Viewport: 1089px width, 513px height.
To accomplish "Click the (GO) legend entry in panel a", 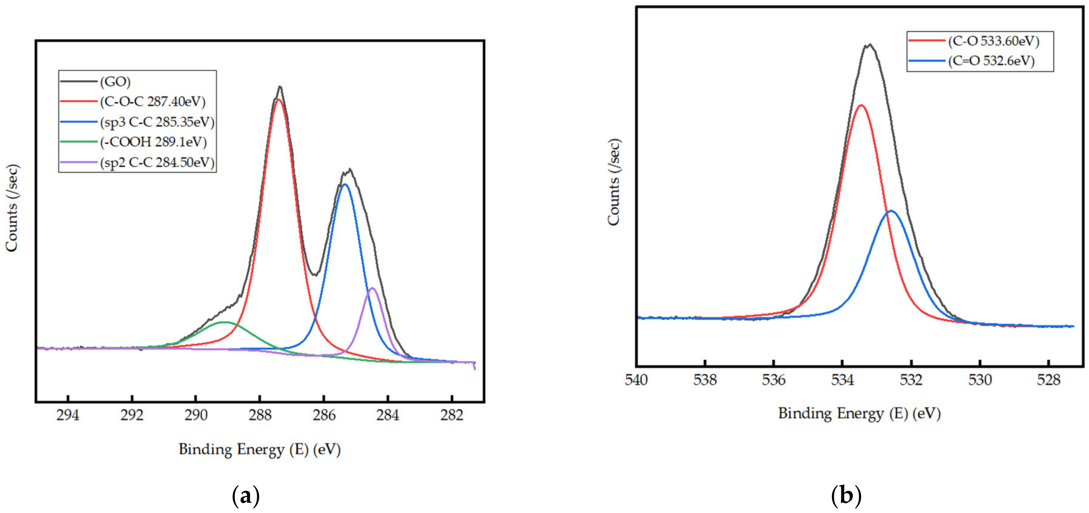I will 115,82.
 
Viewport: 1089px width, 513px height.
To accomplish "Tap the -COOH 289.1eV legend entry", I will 153,142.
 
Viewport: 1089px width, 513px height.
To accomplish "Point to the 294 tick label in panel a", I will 68,415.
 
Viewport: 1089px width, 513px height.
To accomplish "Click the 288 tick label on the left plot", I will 260,415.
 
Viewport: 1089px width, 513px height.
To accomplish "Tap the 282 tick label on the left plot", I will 452,415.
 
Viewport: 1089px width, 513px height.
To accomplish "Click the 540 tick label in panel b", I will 636,380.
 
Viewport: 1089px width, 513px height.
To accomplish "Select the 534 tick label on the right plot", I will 842,380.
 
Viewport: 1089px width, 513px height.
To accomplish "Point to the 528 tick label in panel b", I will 1049,380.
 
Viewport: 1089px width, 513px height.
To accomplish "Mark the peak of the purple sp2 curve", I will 372,288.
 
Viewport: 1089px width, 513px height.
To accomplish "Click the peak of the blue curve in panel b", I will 891,211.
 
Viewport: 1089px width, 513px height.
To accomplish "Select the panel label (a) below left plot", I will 246,496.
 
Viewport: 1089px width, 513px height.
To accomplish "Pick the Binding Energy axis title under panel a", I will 260,449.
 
